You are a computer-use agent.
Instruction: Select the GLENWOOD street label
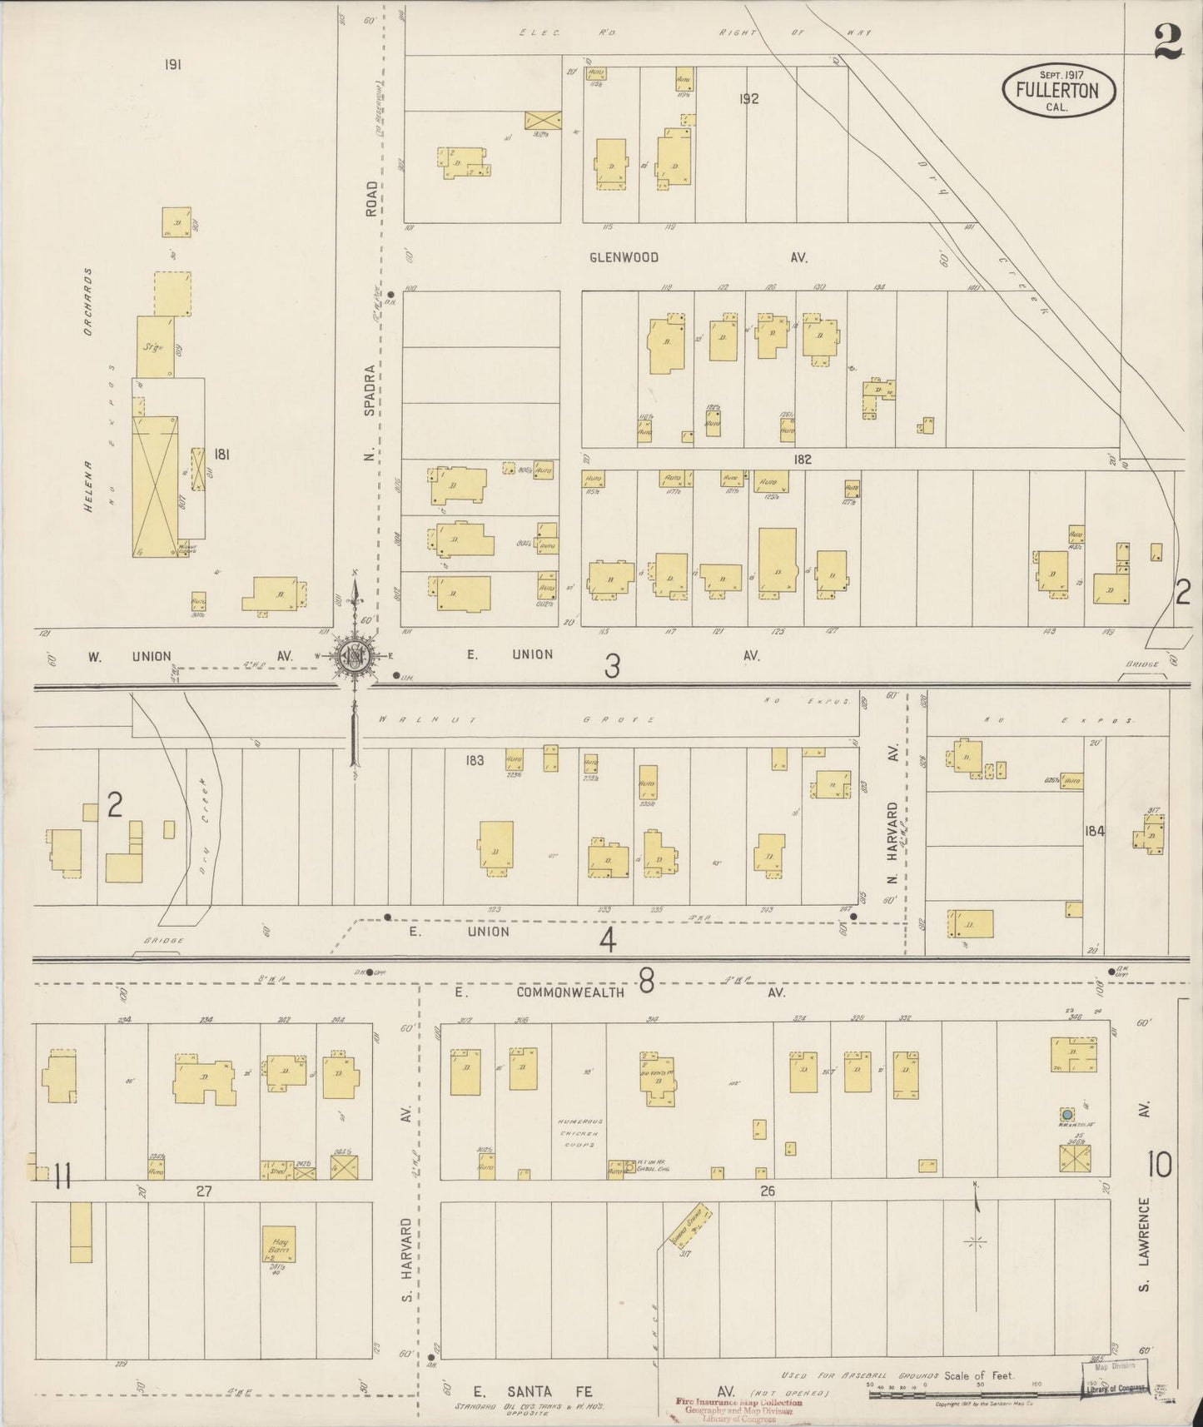(x=624, y=258)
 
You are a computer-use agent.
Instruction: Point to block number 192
(x=748, y=99)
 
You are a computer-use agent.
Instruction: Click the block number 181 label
(x=221, y=455)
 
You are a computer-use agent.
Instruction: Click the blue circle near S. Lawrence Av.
(x=1066, y=1114)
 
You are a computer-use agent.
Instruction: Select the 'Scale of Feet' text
(x=979, y=1375)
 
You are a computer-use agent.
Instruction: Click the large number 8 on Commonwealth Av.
(x=646, y=984)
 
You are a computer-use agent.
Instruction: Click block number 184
(x=1094, y=830)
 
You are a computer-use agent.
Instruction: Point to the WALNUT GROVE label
(x=514, y=718)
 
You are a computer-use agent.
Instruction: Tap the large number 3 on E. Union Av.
(x=613, y=666)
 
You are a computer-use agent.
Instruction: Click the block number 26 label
(x=767, y=1191)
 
